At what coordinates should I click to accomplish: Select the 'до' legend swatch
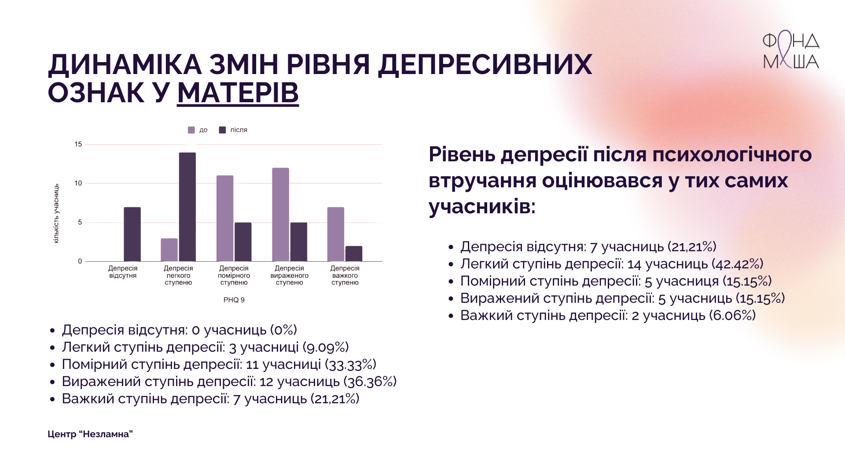click(191, 130)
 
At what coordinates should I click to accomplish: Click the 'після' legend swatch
click(222, 130)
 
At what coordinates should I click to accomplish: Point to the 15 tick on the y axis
click(78, 144)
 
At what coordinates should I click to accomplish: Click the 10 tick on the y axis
click(78, 183)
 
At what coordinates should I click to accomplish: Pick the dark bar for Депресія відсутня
click(132, 234)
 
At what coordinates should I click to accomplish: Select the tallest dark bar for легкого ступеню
click(187, 207)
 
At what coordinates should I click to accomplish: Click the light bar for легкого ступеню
click(169, 250)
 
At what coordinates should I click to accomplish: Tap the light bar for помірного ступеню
click(225, 219)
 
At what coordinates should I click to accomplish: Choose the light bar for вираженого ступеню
click(280, 215)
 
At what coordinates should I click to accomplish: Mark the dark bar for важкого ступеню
click(354, 254)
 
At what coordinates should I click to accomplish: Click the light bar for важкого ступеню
click(336, 234)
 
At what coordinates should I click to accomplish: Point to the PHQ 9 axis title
click(234, 300)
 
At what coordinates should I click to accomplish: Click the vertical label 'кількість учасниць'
click(56, 214)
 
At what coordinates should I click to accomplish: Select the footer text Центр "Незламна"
click(90, 434)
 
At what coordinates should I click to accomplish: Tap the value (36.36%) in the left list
click(370, 381)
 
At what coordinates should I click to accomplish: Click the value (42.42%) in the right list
click(737, 264)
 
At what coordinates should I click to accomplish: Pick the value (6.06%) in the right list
click(731, 315)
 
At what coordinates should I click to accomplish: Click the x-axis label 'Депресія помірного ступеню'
click(234, 275)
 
